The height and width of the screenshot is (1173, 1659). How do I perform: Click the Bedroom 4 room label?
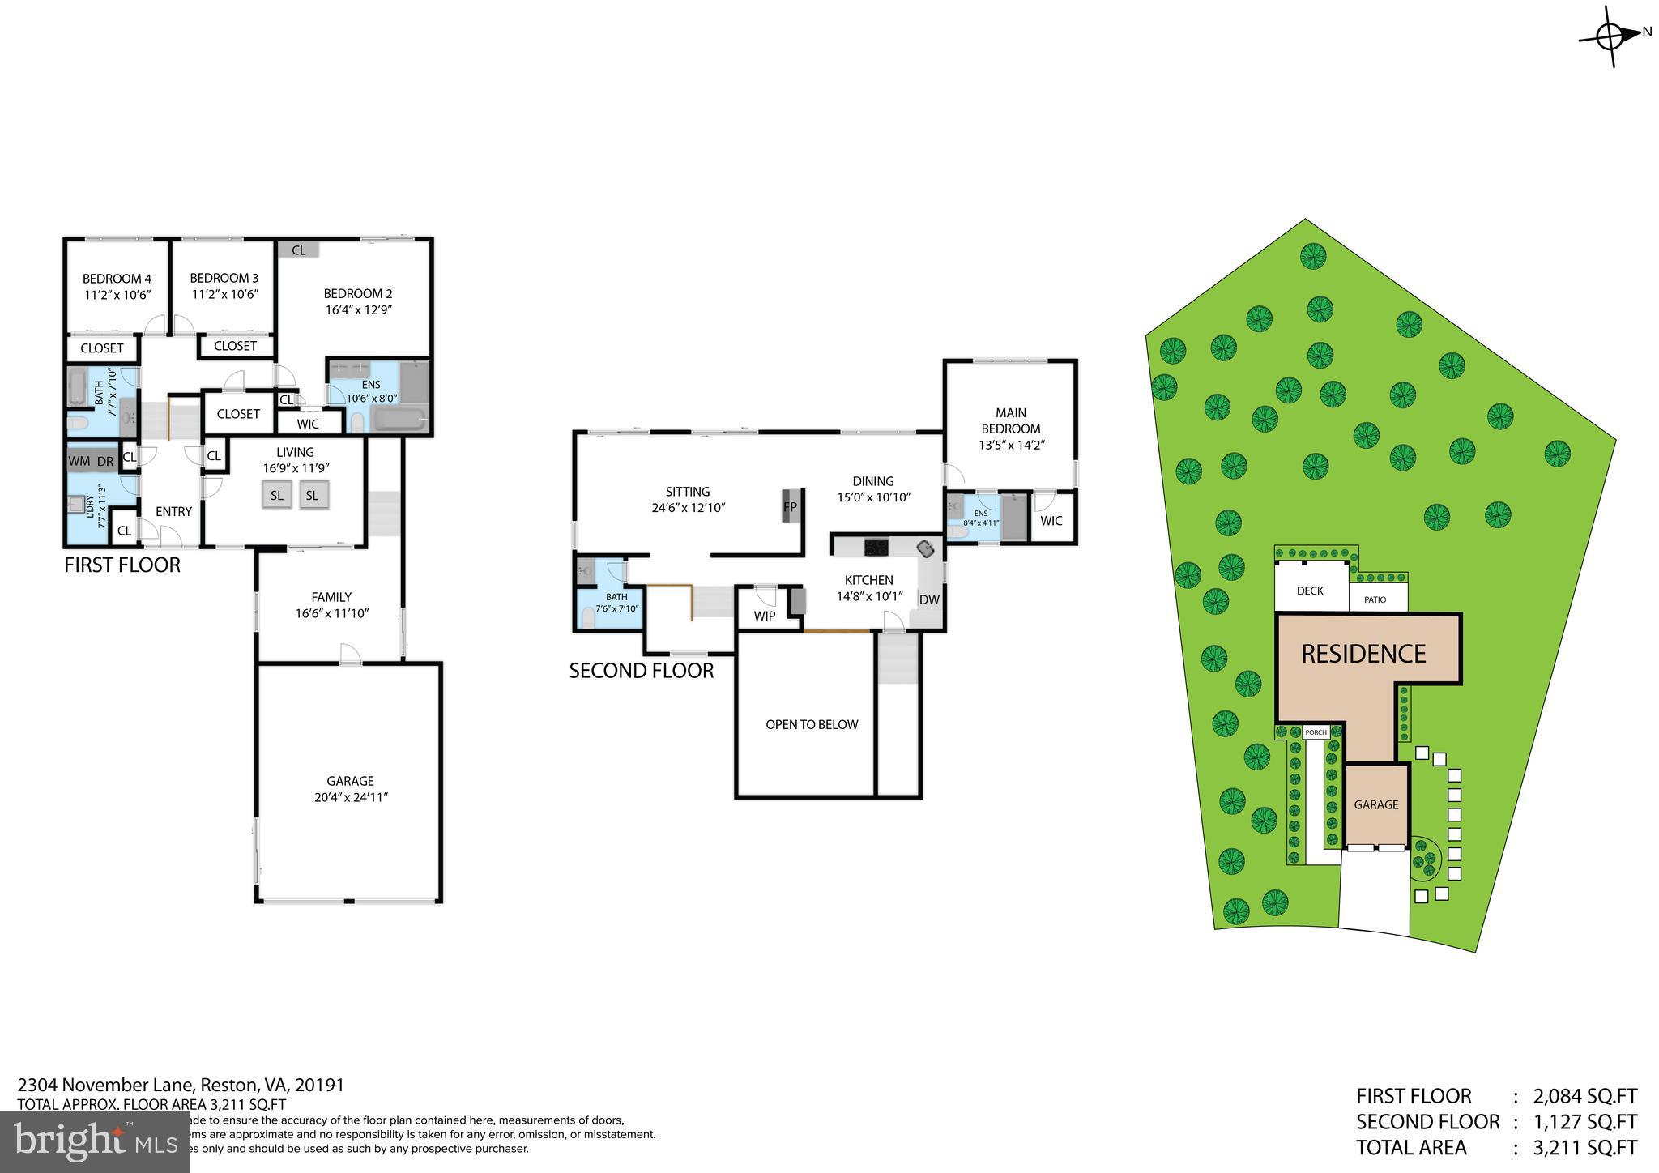(x=117, y=279)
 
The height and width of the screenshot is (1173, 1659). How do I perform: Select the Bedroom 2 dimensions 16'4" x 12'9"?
(x=357, y=309)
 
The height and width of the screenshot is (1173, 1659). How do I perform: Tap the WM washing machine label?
(x=79, y=461)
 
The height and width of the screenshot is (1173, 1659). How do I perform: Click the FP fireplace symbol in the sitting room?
(x=791, y=506)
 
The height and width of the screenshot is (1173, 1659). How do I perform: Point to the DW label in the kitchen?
(x=929, y=600)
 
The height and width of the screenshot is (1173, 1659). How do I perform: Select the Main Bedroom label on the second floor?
(x=1010, y=420)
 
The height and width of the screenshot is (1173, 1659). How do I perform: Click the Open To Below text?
(x=811, y=724)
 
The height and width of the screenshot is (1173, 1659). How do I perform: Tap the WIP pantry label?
(x=764, y=616)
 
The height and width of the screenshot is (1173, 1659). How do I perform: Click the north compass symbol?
(x=1610, y=36)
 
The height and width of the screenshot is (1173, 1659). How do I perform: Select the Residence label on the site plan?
(x=1363, y=654)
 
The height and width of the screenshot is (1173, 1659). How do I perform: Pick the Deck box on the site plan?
(x=1310, y=591)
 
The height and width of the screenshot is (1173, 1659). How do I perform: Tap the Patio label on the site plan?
(x=1375, y=599)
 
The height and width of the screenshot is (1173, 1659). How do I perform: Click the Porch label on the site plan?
(x=1316, y=732)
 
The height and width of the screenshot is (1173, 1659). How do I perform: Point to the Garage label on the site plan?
(x=1375, y=804)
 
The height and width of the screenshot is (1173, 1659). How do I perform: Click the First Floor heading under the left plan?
(x=122, y=565)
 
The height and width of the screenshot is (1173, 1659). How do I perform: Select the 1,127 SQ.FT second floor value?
(x=1584, y=1122)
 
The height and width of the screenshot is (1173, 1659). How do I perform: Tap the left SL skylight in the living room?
(x=277, y=495)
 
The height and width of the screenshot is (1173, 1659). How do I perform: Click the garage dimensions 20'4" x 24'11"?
(x=351, y=797)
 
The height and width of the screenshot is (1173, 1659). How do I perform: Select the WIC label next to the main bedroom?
(x=1051, y=521)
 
